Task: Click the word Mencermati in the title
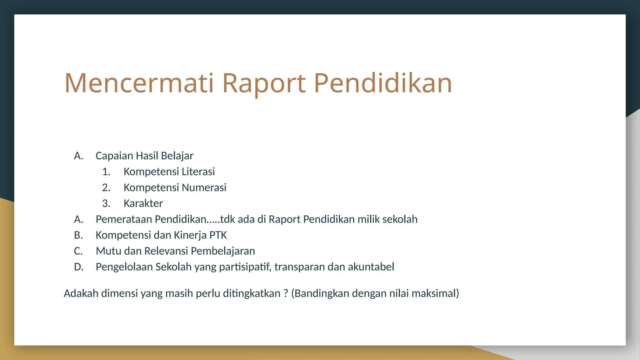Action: [x=139, y=83]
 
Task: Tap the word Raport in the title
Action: [x=263, y=83]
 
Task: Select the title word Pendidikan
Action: [x=383, y=83]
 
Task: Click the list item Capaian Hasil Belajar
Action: [x=144, y=156]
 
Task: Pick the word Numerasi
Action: [x=204, y=187]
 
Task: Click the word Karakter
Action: [x=143, y=203]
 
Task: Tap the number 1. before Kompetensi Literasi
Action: [x=106, y=172]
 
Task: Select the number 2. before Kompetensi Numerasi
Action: [x=106, y=187]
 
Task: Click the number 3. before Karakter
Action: [x=106, y=203]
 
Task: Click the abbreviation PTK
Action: [x=218, y=235]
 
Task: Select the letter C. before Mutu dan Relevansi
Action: [x=78, y=251]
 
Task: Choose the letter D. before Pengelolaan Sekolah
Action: [x=79, y=267]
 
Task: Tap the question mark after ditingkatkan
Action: [x=286, y=293]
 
